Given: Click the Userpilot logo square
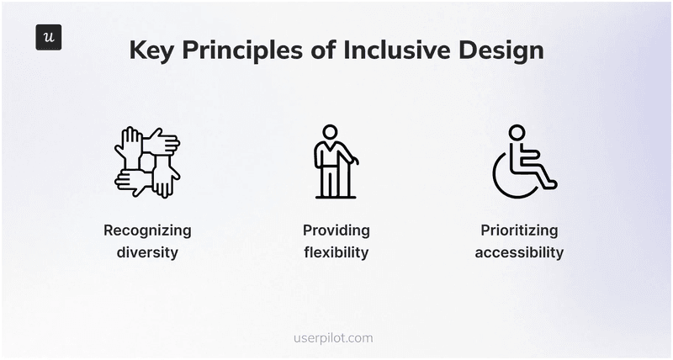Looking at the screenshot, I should click(x=48, y=38).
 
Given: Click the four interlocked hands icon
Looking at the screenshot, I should click(x=147, y=161).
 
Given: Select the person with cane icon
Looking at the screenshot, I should click(x=334, y=161).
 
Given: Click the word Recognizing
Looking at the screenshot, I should click(x=147, y=230).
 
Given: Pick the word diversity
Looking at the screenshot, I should click(x=147, y=252).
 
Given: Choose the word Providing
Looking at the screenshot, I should click(x=336, y=230).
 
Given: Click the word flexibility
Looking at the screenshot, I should click(x=336, y=252).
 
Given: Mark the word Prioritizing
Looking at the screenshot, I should click(x=519, y=230).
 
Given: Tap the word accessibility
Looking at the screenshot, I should click(x=519, y=252).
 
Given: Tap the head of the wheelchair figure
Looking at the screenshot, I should click(x=517, y=133).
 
